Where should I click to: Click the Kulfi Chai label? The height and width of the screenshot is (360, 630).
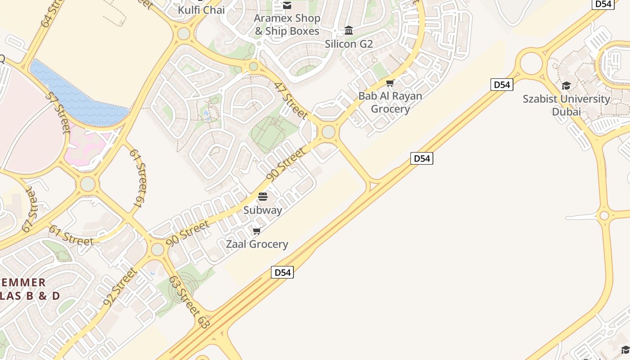click(x=201, y=10)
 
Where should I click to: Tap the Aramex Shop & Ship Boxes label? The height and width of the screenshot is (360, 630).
click(x=287, y=25)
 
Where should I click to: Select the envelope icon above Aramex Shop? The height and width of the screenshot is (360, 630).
click(x=287, y=5)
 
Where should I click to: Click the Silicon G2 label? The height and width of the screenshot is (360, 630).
click(x=349, y=44)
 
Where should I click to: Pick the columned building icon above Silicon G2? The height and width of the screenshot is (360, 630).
click(x=349, y=31)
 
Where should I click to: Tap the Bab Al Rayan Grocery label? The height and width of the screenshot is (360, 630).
click(x=390, y=103)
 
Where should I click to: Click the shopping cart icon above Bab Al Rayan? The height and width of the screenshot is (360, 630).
click(x=390, y=83)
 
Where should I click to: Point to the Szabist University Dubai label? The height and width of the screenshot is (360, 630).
click(x=566, y=105)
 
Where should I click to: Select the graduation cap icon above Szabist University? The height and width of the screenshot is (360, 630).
click(x=566, y=85)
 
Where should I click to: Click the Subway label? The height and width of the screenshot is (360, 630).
click(x=263, y=210)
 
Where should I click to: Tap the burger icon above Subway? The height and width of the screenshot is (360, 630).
click(x=263, y=197)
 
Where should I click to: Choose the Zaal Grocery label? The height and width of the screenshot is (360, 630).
click(x=257, y=244)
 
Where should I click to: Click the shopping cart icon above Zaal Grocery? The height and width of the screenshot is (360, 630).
click(x=257, y=231)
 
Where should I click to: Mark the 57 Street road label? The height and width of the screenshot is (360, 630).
click(x=58, y=112)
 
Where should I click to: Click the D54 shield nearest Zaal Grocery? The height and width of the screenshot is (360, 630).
click(x=282, y=272)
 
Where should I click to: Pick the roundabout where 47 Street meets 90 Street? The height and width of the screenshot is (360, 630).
click(x=328, y=132)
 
